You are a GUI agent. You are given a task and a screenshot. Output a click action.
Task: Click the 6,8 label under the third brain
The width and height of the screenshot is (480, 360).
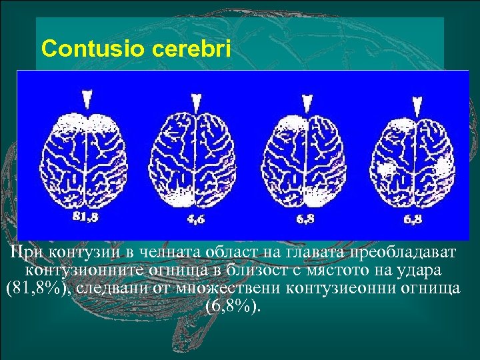pyautogui.click(x=306, y=218)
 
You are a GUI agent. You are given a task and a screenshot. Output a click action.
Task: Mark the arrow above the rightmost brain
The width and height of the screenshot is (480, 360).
pyautogui.click(x=417, y=103)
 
